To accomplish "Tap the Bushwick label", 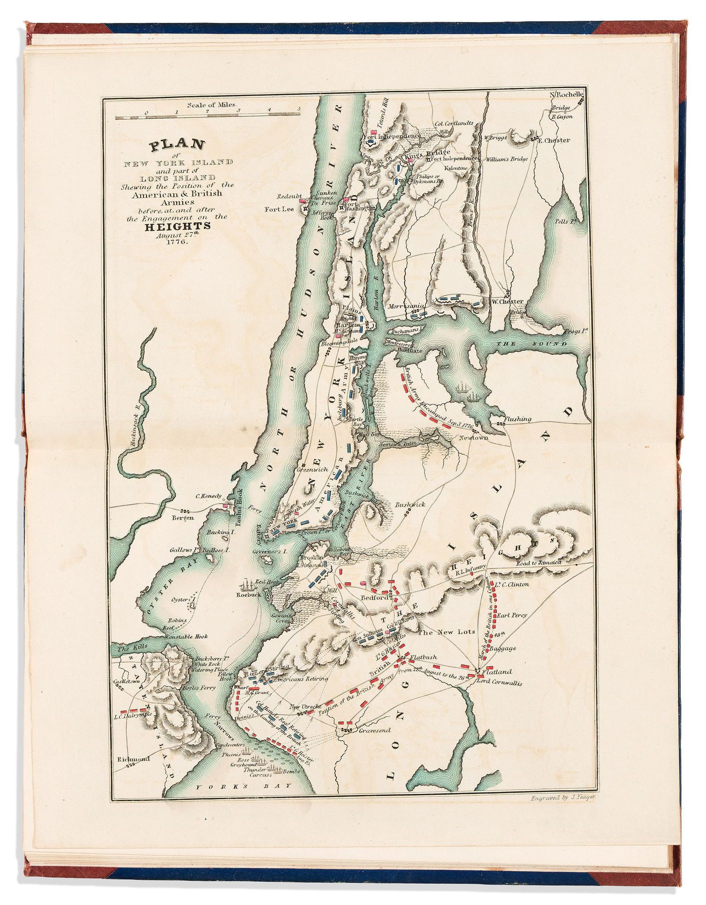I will pos(410,504).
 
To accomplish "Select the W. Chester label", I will pos(507,302).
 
